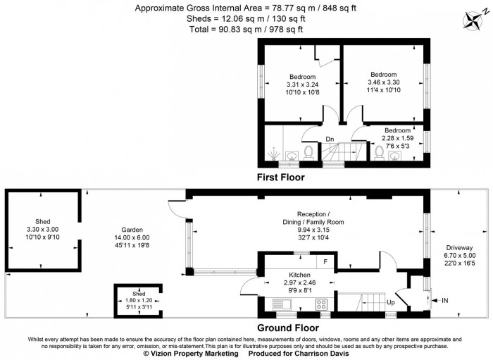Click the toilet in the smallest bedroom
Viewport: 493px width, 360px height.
[379, 151]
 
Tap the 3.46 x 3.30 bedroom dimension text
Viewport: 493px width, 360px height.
[384, 82]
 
